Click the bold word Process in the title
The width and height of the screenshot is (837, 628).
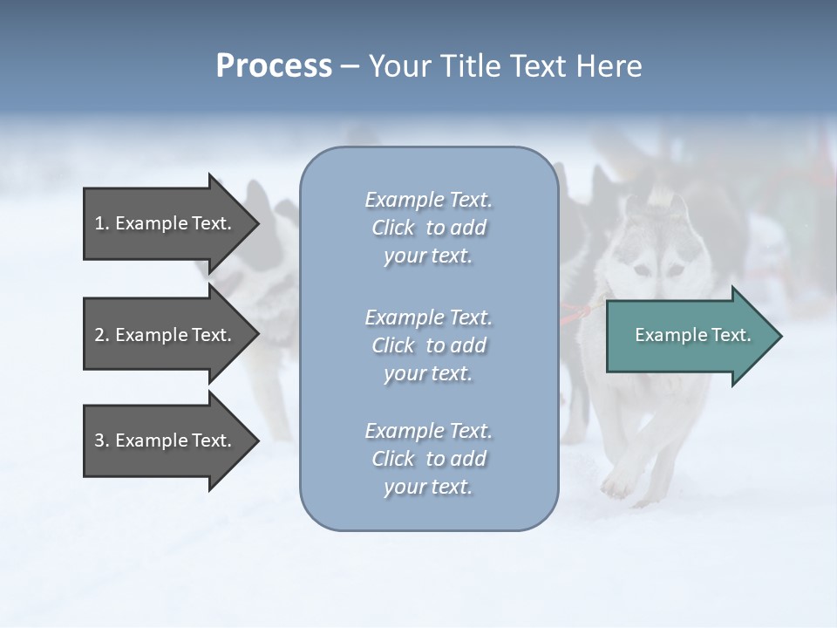tap(274, 66)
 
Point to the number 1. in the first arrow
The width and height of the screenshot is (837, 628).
tap(102, 223)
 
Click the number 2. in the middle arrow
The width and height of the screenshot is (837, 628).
tap(102, 335)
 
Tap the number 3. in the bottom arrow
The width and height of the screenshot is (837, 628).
tap(102, 440)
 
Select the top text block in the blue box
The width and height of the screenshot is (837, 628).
tap(428, 228)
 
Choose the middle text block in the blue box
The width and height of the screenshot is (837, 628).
tap(428, 345)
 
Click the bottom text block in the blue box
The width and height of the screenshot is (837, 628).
tap(428, 459)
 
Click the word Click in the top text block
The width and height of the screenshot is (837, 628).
tap(393, 229)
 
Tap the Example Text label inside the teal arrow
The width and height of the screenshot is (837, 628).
tap(693, 335)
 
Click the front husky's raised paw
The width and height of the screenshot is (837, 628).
tap(617, 484)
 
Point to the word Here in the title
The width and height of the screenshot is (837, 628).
tap(608, 66)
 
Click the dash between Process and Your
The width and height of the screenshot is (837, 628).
tap(350, 66)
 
